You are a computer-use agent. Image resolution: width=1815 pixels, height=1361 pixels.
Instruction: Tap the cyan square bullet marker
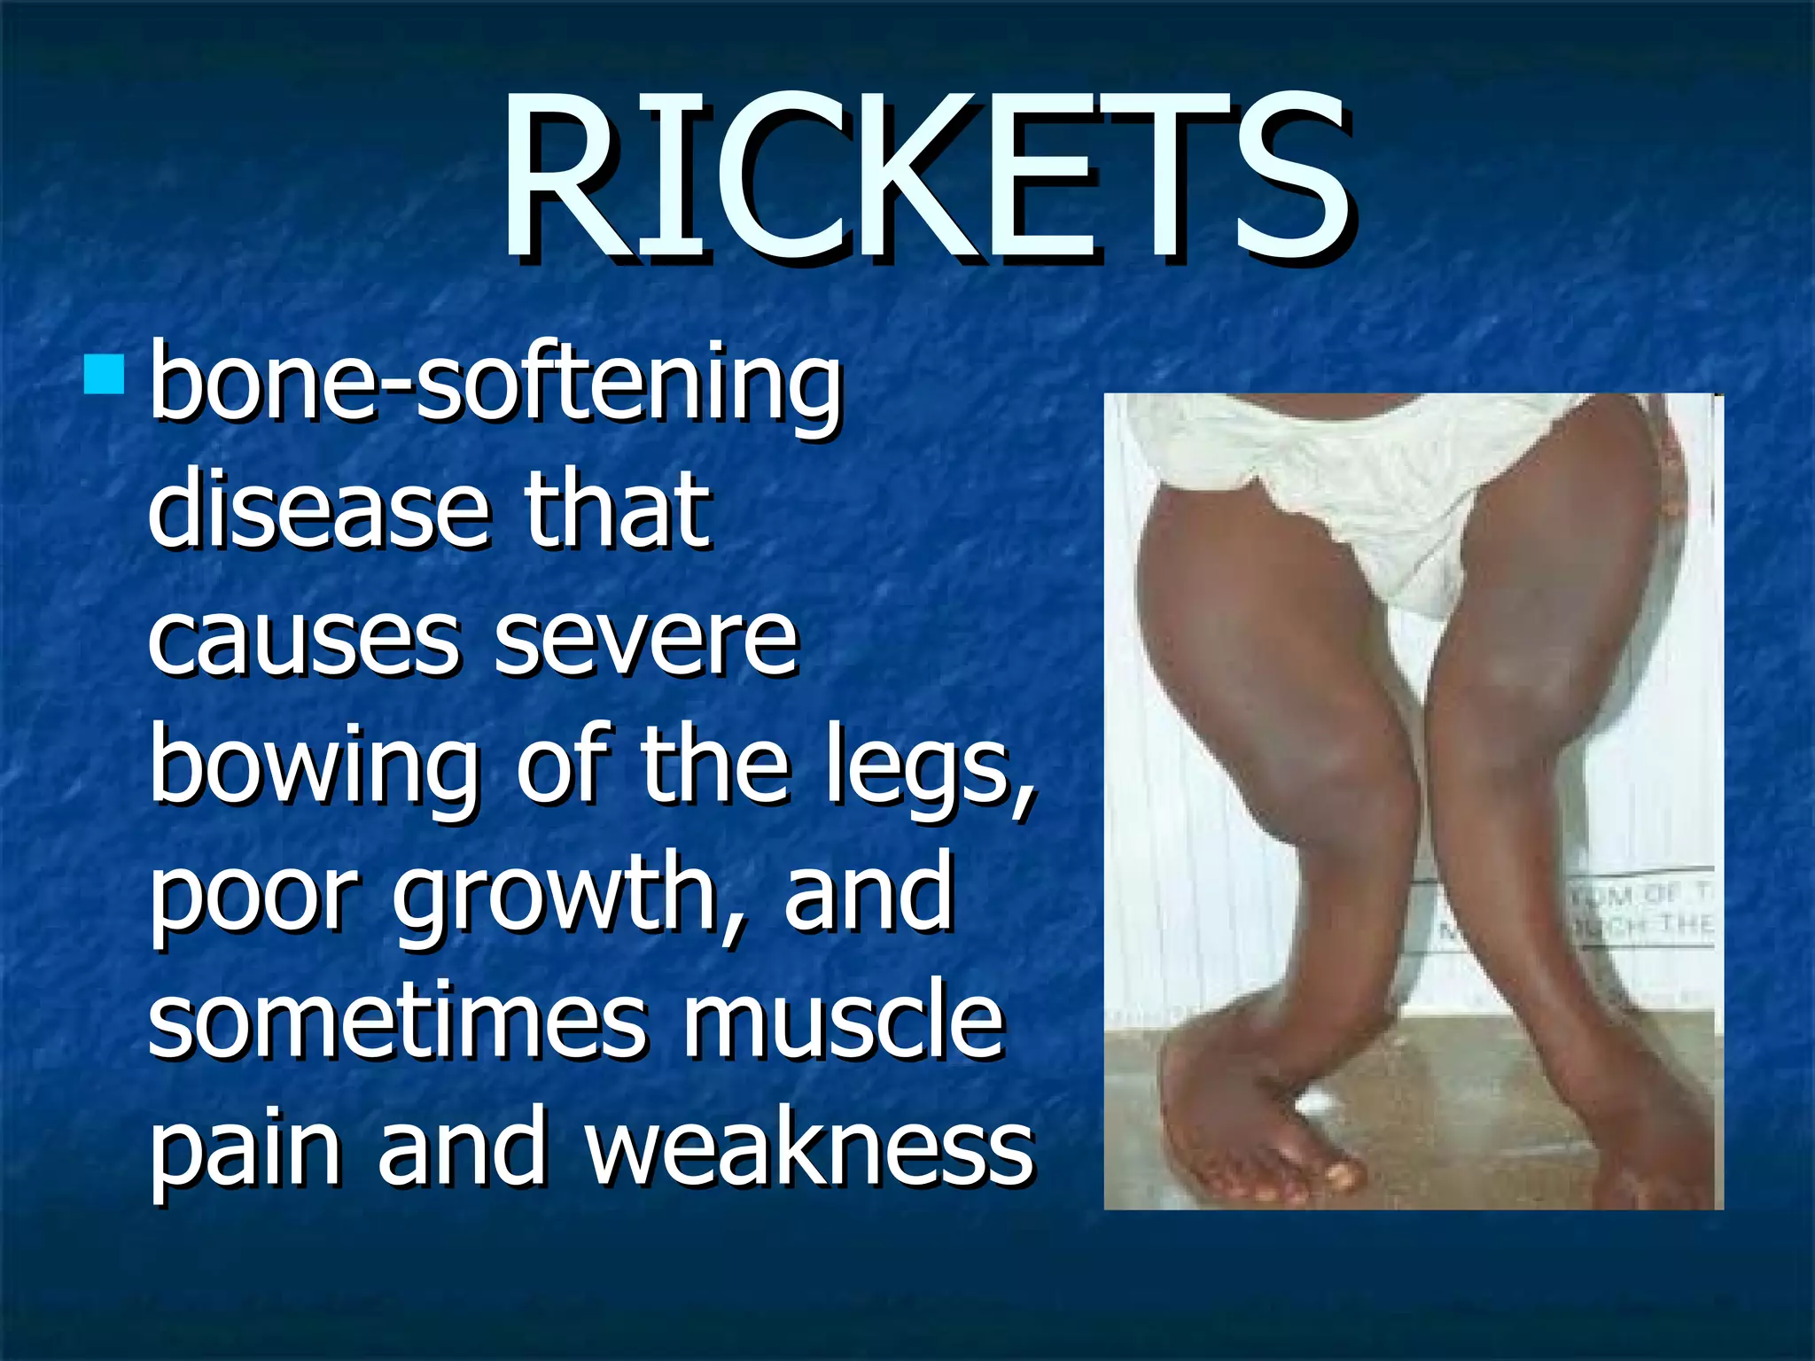[105, 375]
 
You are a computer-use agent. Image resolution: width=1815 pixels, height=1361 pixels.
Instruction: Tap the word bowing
[314, 767]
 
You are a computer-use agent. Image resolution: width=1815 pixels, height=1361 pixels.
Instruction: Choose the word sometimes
[396, 1022]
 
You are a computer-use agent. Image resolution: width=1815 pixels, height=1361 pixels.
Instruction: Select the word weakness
[809, 1149]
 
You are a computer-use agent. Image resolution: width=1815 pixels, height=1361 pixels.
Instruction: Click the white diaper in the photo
[1383, 496]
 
